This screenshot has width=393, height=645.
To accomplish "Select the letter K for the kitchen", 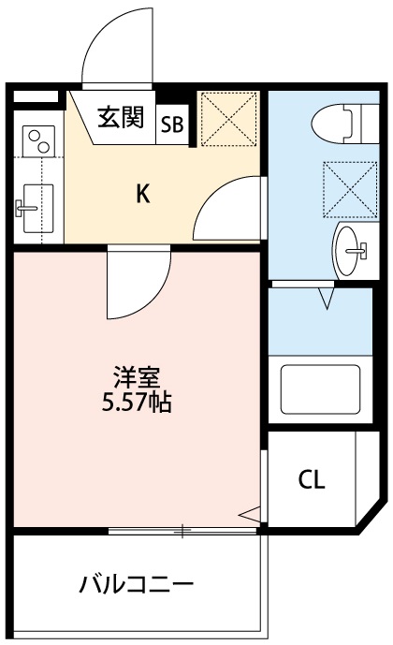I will point(142,194).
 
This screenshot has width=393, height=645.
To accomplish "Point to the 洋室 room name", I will point(138,379).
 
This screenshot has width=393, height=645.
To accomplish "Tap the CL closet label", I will point(312,480).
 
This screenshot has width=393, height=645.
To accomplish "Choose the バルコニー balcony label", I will point(136,586).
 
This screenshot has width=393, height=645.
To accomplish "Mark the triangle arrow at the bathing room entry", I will point(327,298).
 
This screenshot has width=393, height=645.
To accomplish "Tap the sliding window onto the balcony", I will point(182,532).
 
